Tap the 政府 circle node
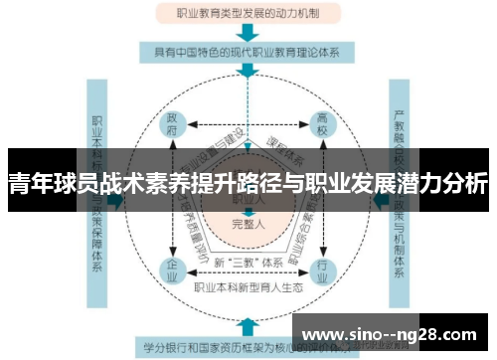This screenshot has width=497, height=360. tap(175, 125)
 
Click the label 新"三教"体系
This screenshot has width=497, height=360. tap(248, 262)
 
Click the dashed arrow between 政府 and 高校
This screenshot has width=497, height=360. tap(248, 126)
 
